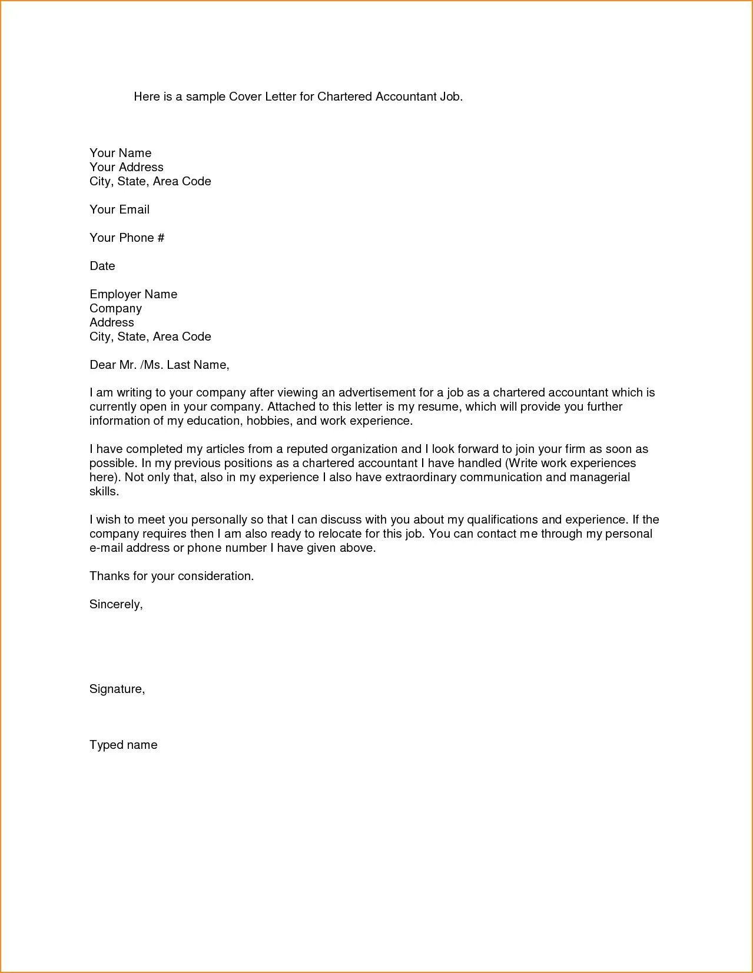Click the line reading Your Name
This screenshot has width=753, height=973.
[x=120, y=153]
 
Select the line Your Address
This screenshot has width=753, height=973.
[x=126, y=167]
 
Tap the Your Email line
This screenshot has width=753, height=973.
[x=120, y=209]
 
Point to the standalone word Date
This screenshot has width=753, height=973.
[x=102, y=266]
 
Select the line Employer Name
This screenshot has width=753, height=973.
[x=133, y=294]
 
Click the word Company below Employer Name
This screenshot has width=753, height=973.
[x=115, y=308]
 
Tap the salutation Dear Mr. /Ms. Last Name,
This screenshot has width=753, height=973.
[x=159, y=365]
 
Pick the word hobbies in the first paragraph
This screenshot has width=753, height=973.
[x=268, y=421]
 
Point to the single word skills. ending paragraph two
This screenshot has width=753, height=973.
[x=104, y=491]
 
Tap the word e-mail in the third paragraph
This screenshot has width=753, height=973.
[x=105, y=548]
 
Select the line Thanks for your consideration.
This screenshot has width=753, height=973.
[x=171, y=576]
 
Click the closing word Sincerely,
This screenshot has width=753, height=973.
[x=116, y=604]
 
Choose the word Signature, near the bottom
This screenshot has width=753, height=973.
[x=117, y=689]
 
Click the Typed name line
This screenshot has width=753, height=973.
[x=123, y=745]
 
